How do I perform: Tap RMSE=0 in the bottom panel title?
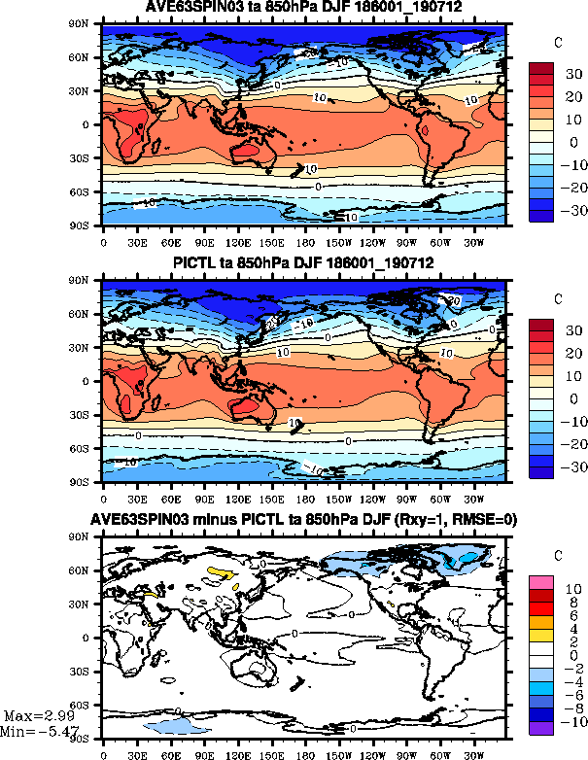[484, 519]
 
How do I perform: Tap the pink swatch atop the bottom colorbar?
[539, 581]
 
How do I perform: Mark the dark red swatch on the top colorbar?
[541, 69]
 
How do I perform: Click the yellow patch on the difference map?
[222, 573]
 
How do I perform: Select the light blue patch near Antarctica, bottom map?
[176, 726]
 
